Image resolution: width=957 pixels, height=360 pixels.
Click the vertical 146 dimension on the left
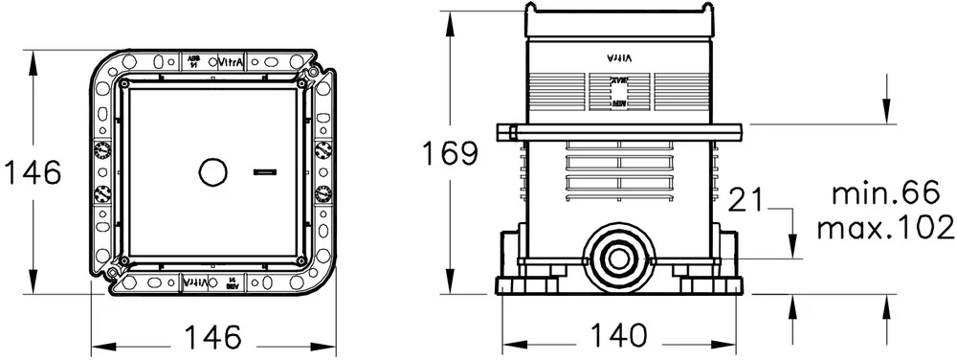pyautogui.click(x=32, y=173)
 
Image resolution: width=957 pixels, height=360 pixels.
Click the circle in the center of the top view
pyautogui.click(x=211, y=172)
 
